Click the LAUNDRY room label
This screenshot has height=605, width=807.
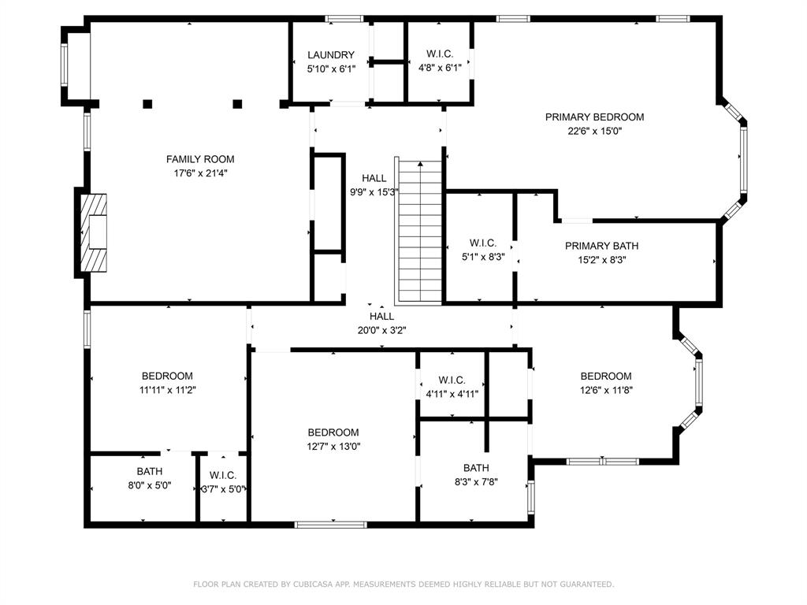[331, 55]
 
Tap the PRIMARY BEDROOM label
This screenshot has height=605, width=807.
[594, 117]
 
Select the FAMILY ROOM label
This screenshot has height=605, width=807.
[200, 159]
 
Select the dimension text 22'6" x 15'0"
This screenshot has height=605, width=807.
[594, 132]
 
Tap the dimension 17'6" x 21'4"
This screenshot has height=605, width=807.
[200, 173]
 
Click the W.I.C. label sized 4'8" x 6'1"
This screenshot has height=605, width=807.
[439, 54]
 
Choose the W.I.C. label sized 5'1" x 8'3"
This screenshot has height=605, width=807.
[482, 243]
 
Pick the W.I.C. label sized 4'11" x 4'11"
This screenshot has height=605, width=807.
[452, 380]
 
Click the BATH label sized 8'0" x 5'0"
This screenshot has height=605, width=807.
[149, 472]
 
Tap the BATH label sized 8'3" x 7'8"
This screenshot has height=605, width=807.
[475, 468]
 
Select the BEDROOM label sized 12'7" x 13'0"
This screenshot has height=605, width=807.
[333, 432]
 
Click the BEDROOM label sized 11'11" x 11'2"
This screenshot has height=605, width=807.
[167, 376]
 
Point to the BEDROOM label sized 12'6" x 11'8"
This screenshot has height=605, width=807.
[605, 376]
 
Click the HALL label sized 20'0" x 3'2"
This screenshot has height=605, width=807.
[381, 317]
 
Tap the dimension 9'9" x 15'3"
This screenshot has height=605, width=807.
[374, 192]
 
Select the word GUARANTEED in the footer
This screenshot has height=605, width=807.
[584, 585]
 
